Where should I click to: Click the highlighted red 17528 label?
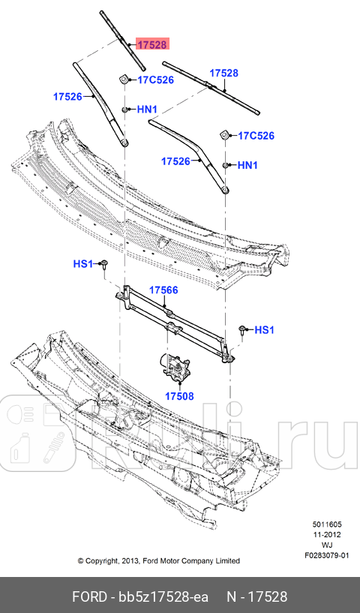151,44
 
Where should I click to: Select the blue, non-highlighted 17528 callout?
223,73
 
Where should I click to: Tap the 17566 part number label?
163,290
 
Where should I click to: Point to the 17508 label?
179,395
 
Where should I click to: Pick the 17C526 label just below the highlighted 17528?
156,79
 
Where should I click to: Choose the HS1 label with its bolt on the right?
265,329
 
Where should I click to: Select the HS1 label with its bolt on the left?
82,263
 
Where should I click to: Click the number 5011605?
328,524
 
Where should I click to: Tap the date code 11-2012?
328,535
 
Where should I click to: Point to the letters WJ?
328,545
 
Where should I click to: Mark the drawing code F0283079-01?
328,556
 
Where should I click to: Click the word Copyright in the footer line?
102,560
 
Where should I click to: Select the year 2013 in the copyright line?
130,560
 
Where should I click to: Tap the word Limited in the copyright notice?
226,560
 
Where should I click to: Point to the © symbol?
80,560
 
